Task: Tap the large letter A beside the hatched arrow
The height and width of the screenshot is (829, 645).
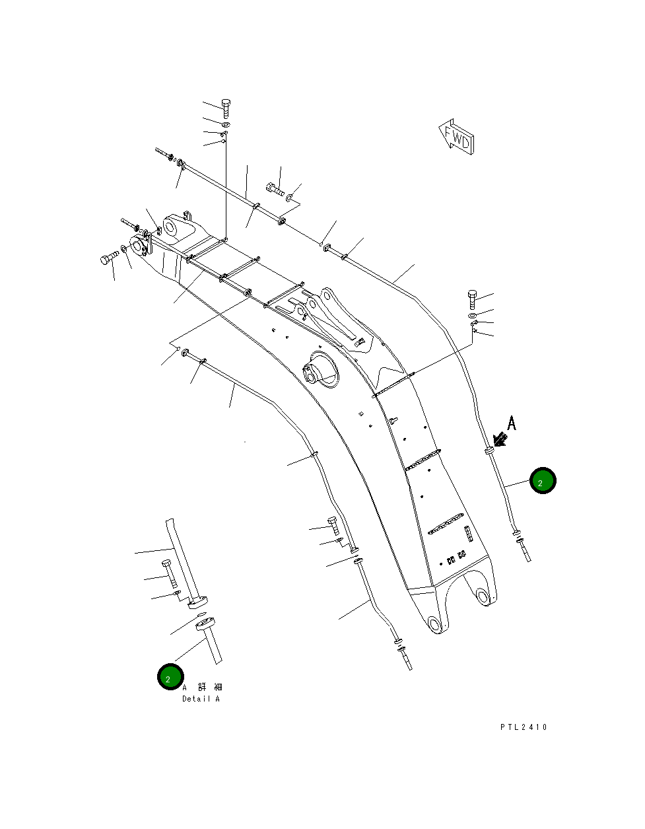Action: (x=512, y=423)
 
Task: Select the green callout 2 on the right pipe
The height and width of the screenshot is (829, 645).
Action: (x=543, y=481)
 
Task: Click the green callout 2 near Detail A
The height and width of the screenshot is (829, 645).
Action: (x=170, y=677)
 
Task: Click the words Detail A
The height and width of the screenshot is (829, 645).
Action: (x=201, y=699)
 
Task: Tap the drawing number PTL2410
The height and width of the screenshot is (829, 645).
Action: (x=524, y=727)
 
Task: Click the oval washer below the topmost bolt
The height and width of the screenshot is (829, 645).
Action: (x=225, y=124)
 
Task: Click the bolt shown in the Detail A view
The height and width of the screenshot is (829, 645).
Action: (x=168, y=572)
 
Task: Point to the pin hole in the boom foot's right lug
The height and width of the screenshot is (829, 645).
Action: (x=483, y=596)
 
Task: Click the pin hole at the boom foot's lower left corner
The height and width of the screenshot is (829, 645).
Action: (x=433, y=623)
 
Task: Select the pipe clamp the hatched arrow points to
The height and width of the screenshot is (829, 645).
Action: (x=489, y=451)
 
